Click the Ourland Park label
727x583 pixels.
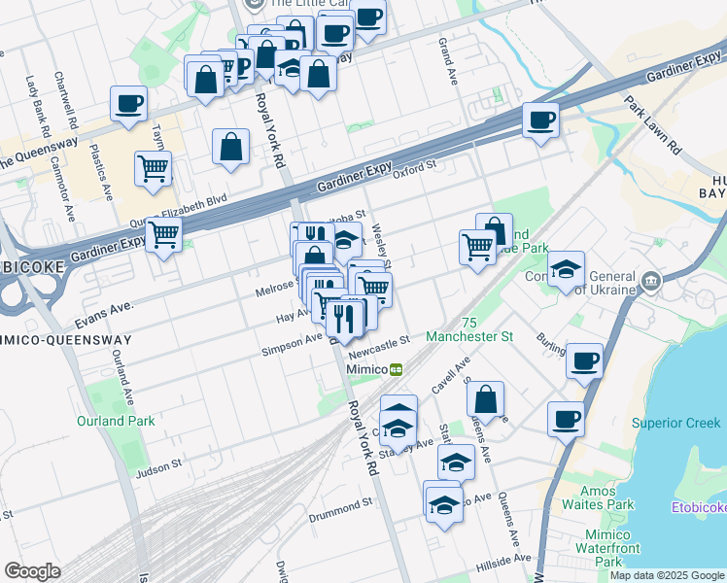click(x=115, y=421)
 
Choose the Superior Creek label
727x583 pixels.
click(x=672, y=423)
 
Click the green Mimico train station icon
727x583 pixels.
click(x=397, y=369)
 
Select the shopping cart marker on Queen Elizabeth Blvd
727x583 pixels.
click(x=164, y=234)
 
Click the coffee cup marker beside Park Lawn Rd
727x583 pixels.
click(x=540, y=121)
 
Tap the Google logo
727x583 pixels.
click(x=32, y=571)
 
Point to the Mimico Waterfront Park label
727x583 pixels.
click(x=608, y=548)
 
